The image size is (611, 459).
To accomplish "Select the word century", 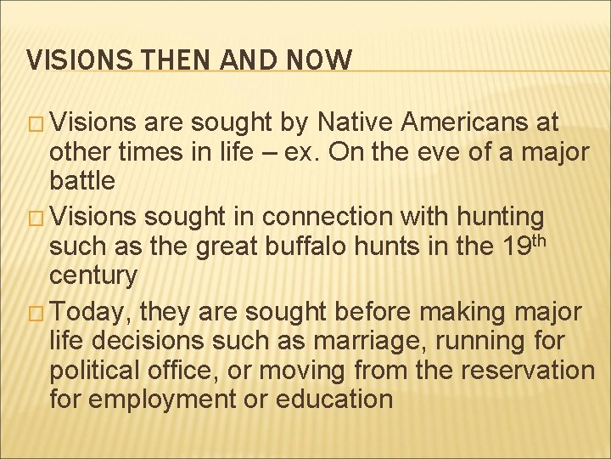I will pyautogui.click(x=92, y=275).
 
